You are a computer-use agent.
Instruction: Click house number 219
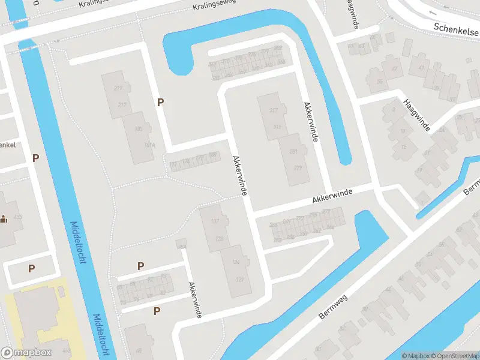[x=118, y=89]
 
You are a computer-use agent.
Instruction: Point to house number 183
[x=139, y=130]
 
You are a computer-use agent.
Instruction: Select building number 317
[x=274, y=110]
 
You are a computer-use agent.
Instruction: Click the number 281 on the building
[x=293, y=152]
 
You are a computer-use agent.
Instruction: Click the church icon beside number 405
[x=4, y=218]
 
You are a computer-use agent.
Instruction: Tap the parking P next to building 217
[x=160, y=103]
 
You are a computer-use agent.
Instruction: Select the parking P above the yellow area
[x=31, y=269]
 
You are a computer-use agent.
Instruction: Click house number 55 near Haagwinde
[x=379, y=82]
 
